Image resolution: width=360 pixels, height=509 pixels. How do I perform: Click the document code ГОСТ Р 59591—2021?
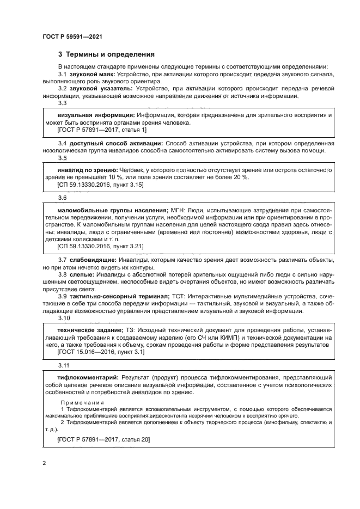72,36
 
